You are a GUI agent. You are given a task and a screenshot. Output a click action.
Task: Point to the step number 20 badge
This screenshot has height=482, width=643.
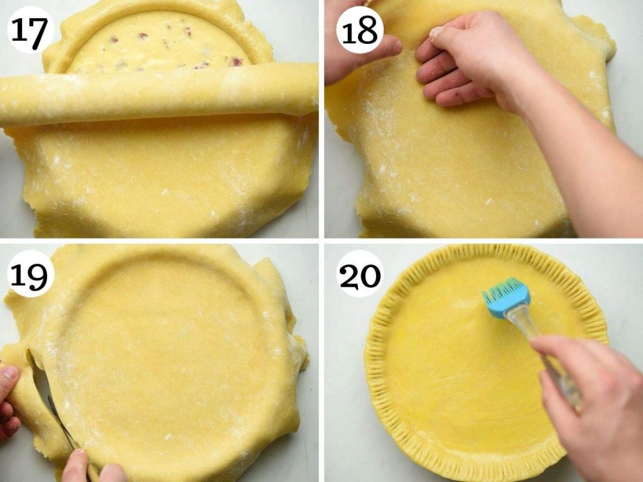point(360,274)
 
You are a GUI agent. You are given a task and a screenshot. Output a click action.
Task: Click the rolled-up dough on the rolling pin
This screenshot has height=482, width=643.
point(157,94)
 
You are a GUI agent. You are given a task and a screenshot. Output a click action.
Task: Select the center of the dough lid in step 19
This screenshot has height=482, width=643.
point(170,351)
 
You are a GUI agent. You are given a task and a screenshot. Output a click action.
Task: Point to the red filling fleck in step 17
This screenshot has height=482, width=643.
point(236,61)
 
